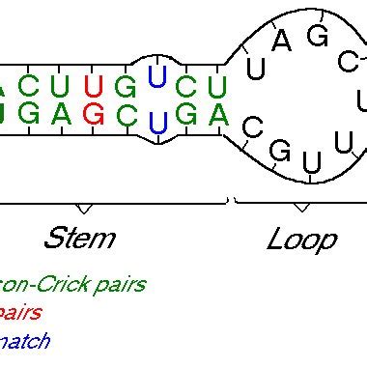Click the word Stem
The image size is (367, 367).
[x=79, y=239]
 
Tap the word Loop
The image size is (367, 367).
[x=301, y=239]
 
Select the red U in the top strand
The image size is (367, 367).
[x=93, y=84]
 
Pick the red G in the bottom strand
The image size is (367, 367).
[x=93, y=113]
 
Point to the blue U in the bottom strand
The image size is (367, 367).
[x=157, y=122]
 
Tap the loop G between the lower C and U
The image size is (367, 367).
[x=281, y=150]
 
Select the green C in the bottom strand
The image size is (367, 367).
[x=125, y=113]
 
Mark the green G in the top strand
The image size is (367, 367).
[x=125, y=84]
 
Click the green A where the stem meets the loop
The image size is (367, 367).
[x=218, y=113]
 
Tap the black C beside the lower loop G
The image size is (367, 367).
[x=251, y=127]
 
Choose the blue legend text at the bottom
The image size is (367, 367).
[x=24, y=340]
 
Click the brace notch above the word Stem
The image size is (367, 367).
[x=84, y=209]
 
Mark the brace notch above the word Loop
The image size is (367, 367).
[x=301, y=209]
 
